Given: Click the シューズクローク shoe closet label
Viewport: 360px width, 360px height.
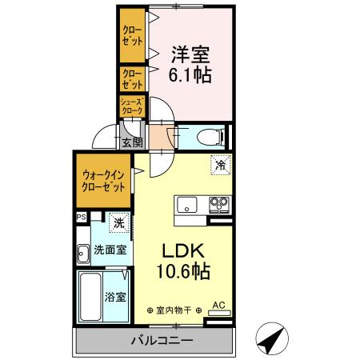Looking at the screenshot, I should tap(132, 106).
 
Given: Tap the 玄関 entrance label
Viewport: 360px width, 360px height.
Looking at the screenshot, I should tap(133, 143).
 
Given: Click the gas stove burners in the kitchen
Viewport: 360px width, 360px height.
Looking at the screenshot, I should tap(218, 205).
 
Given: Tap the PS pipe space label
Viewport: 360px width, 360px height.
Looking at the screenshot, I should tap(81, 217).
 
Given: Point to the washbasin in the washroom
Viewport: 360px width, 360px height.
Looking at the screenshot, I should tap(83, 256).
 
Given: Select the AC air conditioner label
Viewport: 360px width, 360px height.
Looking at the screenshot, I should tap(218, 305).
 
